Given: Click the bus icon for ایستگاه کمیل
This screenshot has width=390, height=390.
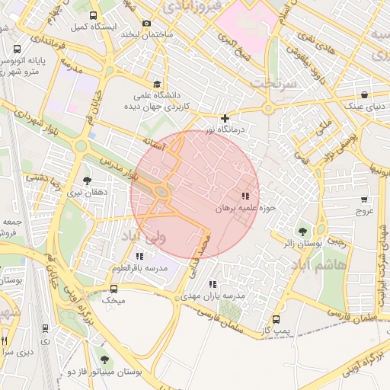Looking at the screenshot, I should (x=94, y=15).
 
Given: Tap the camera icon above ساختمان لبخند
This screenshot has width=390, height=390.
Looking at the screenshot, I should (x=147, y=23).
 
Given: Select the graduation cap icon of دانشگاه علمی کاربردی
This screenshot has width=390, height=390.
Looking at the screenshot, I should (x=157, y=85).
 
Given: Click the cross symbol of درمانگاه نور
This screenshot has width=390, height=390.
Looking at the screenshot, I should (x=225, y=118).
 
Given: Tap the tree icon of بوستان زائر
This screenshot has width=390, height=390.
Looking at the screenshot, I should (x=302, y=231).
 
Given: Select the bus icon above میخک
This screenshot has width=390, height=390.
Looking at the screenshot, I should (x=113, y=289).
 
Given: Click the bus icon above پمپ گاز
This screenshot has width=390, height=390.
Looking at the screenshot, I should (x=276, y=320).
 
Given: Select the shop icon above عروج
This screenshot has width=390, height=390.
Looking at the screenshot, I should (x=365, y=200).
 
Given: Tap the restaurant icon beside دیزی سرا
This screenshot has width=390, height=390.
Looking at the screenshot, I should (x=5, y=341).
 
